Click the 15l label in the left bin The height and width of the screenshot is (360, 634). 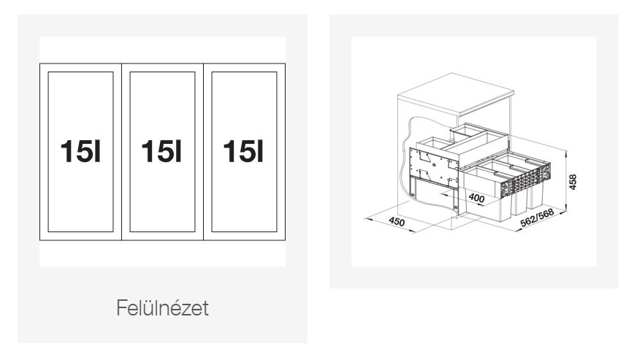click(80, 151)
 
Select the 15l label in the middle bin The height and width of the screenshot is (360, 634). click(161, 151)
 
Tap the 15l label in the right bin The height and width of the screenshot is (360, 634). click(243, 151)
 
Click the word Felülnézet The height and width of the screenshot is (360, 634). click(163, 308)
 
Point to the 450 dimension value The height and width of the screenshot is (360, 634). click(396, 221)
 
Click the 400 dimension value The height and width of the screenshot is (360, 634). click(476, 198)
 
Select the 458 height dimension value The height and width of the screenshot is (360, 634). click(573, 182)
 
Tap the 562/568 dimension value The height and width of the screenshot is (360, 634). click(537, 218)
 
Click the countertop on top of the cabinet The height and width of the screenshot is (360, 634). click(456, 94)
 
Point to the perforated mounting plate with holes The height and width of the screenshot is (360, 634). click(434, 168)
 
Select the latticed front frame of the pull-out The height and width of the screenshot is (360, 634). click(526, 180)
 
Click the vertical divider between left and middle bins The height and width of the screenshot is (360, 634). click(122, 152)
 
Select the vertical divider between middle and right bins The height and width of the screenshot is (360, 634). click(203, 152)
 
